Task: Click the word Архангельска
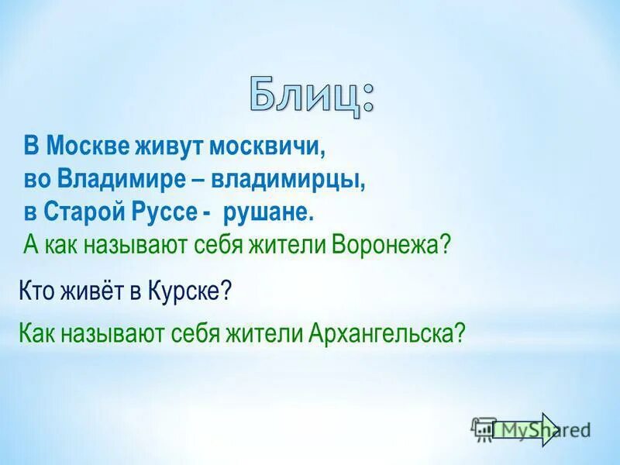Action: (x=385, y=333)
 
